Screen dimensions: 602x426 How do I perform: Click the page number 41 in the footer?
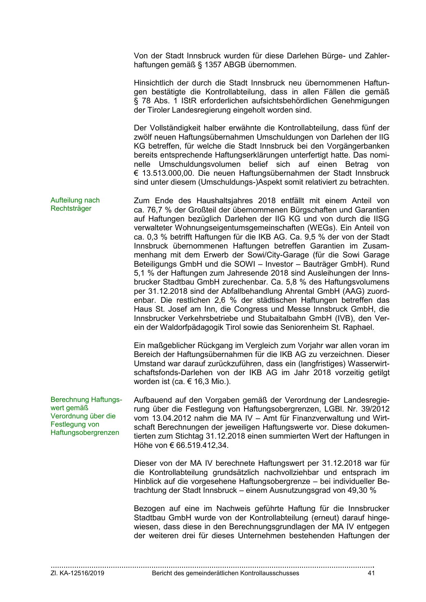[x=371, y=573]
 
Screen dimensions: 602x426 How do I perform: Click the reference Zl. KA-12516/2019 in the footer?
[x=78, y=573]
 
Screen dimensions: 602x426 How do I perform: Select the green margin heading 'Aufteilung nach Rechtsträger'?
[x=75, y=204]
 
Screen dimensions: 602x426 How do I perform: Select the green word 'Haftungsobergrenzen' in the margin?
[x=84, y=432]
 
